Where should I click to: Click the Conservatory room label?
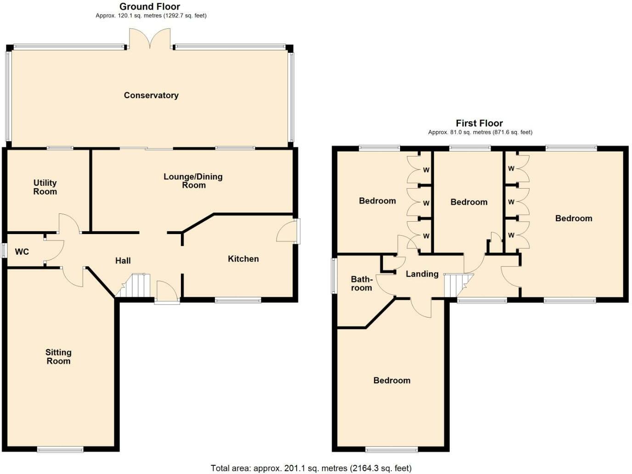point(151,95)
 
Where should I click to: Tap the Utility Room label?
point(45,187)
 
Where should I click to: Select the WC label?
point(22,251)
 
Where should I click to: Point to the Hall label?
point(123,261)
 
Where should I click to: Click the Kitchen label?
point(243,259)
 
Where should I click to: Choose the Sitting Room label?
point(58,357)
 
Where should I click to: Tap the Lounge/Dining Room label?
point(193,181)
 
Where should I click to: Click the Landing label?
point(422,274)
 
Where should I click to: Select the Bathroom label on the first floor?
point(361,283)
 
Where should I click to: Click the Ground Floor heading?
point(150,6)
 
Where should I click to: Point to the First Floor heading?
point(480,123)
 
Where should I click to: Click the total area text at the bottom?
point(311,468)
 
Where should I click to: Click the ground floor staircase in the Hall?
point(133,285)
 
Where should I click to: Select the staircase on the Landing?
point(458,285)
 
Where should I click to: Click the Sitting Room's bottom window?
point(60,449)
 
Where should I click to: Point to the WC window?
point(3,251)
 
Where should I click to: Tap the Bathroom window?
point(333,276)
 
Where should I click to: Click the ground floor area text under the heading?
point(151,16)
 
